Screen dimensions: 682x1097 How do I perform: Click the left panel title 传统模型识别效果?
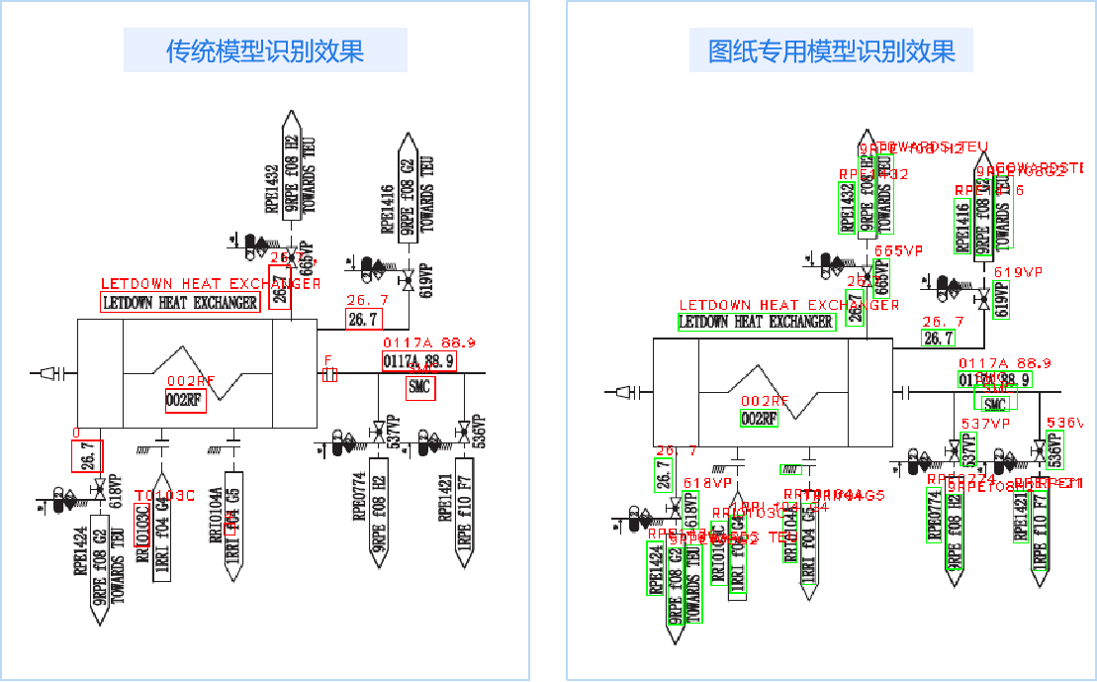point(265,50)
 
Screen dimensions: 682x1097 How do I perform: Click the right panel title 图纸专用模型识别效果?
point(832,50)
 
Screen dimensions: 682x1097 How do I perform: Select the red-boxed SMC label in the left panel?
point(419,387)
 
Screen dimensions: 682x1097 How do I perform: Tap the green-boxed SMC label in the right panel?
point(995,403)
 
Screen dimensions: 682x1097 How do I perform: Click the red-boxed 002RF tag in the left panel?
point(185,401)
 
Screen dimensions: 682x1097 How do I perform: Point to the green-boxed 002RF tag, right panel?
point(759,419)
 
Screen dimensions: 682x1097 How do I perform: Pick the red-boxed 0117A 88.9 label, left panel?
point(418,361)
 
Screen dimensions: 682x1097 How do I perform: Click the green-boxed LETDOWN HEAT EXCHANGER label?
point(757,322)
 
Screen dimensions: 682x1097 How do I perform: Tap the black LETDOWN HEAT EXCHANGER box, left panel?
point(180,303)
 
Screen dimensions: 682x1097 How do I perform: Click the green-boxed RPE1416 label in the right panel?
point(962,227)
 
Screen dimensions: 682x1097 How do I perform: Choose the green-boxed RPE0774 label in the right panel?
point(934,516)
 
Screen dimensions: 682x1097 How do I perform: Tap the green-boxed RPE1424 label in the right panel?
point(655,568)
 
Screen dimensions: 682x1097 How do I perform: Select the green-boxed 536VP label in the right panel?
point(1054,451)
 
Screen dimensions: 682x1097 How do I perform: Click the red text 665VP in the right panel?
point(899,251)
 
